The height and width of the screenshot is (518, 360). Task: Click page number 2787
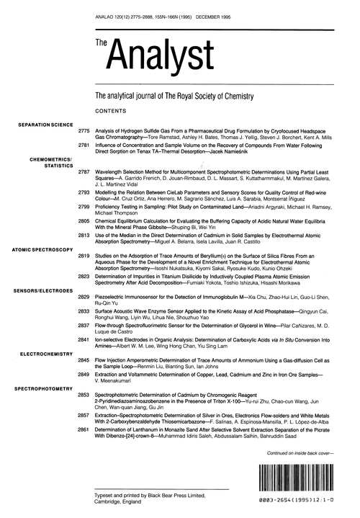point(83,172)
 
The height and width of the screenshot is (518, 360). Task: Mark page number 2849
point(83,374)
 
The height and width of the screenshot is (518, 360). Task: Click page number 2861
point(83,429)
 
